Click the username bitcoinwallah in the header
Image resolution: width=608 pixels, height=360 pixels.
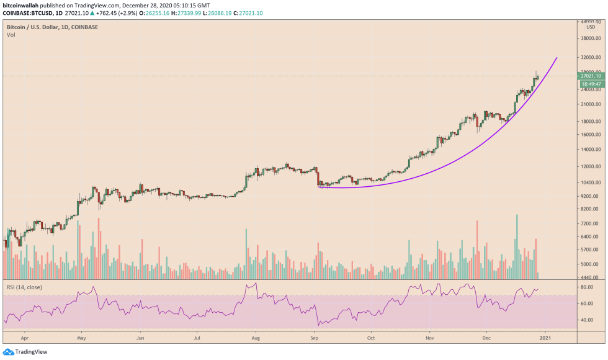(x=24, y=5)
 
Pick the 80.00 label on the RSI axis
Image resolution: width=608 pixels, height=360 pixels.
(x=588, y=287)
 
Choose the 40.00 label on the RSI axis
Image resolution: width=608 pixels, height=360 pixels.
(x=588, y=320)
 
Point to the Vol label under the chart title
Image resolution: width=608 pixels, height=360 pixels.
(x=11, y=35)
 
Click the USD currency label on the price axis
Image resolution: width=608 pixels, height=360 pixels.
(x=590, y=26)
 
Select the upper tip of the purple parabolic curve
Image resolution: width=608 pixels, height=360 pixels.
(x=557, y=58)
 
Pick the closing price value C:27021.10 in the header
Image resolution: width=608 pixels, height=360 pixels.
(x=247, y=12)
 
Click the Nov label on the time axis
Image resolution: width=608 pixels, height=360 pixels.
(x=429, y=339)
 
